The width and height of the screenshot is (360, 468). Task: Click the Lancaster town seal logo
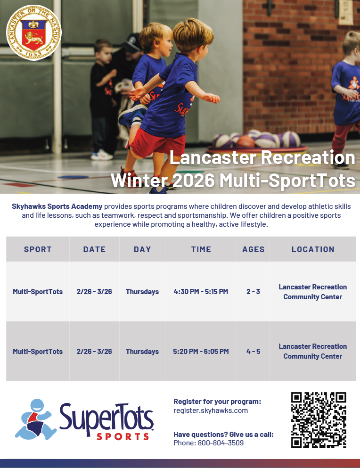click(34, 32)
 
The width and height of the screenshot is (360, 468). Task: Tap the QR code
click(319, 420)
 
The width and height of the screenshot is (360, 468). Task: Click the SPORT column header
click(38, 249)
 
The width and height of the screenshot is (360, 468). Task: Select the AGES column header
click(254, 249)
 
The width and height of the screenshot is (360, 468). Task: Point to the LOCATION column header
click(313, 249)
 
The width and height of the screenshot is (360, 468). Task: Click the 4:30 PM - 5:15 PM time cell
click(201, 292)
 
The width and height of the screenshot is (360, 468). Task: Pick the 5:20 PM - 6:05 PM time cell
click(201, 352)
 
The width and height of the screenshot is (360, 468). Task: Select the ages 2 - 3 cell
click(253, 292)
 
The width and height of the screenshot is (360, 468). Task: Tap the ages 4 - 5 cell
click(253, 352)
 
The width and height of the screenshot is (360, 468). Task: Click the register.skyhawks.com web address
click(211, 411)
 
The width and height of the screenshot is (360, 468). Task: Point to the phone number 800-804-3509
click(221, 443)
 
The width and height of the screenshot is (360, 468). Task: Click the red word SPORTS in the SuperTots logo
click(123, 437)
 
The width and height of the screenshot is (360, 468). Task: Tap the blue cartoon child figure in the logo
click(35, 419)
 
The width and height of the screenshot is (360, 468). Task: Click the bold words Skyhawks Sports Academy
click(57, 206)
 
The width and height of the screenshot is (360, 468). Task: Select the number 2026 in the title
click(194, 180)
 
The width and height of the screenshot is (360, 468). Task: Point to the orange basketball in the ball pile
click(245, 141)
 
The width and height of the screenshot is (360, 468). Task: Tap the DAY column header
click(142, 249)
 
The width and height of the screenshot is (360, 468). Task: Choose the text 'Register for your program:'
click(217, 402)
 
